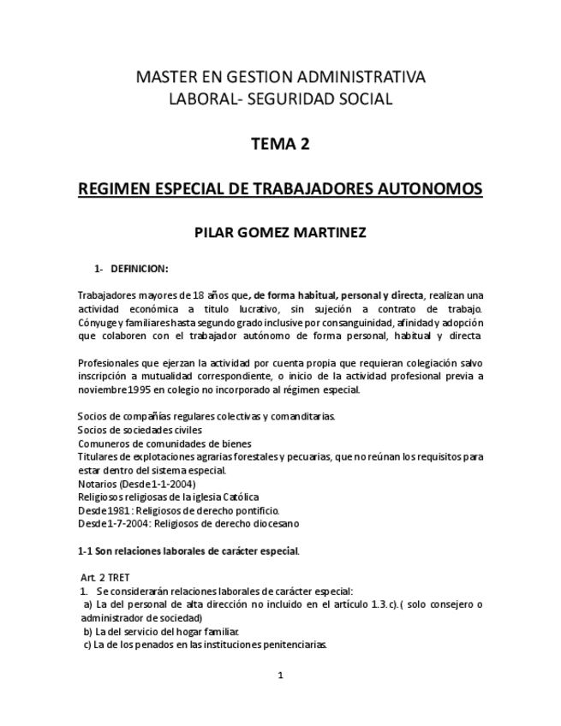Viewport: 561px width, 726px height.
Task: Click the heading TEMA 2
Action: pyautogui.click(x=280, y=144)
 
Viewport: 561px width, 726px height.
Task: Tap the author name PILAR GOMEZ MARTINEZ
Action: pyautogui.click(x=280, y=231)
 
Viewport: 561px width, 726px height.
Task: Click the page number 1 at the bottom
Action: pyautogui.click(x=280, y=675)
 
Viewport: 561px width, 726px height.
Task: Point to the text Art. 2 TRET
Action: pyautogui.click(x=105, y=578)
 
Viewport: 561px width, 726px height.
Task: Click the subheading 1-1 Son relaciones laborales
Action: pyautogui.click(x=188, y=550)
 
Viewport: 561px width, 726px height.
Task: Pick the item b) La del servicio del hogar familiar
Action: pyautogui.click(x=160, y=631)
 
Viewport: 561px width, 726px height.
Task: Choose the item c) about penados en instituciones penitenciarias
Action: pyautogui.click(x=205, y=645)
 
